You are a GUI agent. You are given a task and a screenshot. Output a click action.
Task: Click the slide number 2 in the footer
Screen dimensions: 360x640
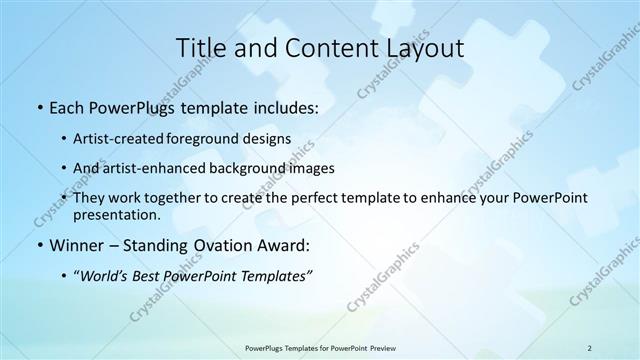[x=589, y=347]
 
